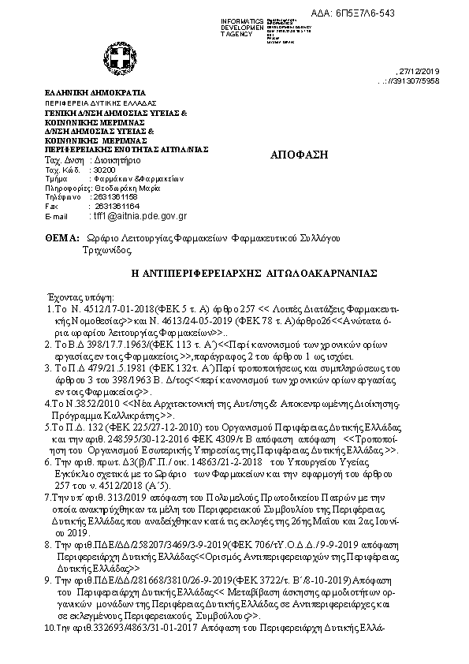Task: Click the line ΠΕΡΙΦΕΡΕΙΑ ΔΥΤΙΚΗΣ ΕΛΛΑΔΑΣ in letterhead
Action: tap(100, 103)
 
